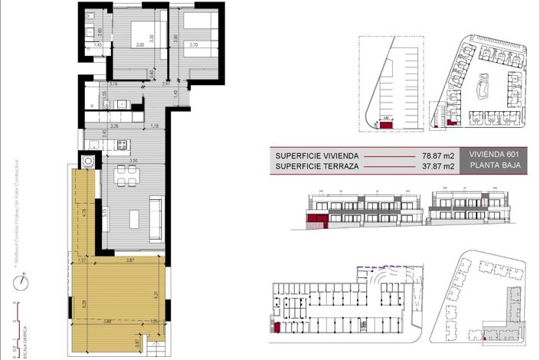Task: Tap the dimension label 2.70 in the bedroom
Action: click(x=193, y=45)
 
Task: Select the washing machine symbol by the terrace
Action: click(x=89, y=161)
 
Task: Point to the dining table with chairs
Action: click(x=126, y=175)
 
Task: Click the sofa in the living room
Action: click(x=155, y=215)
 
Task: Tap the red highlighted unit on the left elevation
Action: click(x=316, y=221)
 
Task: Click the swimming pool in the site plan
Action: click(x=484, y=89)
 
